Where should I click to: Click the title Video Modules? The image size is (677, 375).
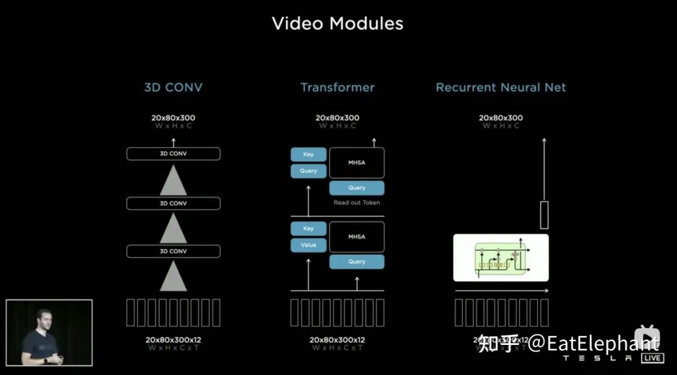click(337, 24)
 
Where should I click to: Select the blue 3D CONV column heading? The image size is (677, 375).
click(174, 88)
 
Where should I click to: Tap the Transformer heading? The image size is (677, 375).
click(337, 88)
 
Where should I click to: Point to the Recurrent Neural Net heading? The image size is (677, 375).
click(501, 88)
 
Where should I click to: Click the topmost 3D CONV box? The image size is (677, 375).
click(174, 153)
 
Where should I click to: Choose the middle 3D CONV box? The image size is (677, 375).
click(174, 203)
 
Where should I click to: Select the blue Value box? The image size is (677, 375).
click(308, 245)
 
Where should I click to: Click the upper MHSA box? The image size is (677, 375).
click(357, 163)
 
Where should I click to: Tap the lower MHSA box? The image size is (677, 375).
click(357, 237)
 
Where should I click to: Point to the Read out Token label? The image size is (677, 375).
click(357, 203)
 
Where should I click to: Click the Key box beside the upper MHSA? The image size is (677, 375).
click(308, 155)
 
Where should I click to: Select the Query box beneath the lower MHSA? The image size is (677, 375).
click(357, 262)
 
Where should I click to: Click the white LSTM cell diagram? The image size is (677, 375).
click(501, 258)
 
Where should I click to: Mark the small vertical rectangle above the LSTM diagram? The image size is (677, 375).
click(544, 215)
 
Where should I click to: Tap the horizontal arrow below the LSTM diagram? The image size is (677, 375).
click(501, 291)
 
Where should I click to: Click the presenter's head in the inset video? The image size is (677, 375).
click(43, 316)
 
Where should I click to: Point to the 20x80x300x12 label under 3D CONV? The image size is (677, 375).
click(174, 340)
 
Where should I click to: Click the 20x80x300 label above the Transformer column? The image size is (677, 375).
click(337, 118)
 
